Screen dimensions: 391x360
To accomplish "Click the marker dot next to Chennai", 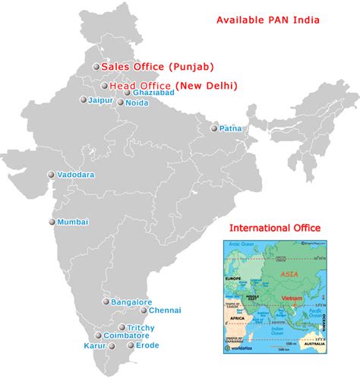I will coord(144,310).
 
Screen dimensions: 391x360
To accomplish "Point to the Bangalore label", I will coord(131,302).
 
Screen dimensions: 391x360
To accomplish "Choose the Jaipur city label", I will coord(99,99).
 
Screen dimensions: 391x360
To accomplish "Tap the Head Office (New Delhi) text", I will coord(173,86).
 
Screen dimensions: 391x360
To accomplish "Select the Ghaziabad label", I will coord(153,93).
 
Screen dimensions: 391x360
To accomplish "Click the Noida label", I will coord(137,102).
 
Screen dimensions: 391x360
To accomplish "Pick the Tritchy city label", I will coord(141,327).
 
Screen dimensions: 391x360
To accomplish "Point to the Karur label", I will coord(96,346).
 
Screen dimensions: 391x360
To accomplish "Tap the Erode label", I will coord(148,345).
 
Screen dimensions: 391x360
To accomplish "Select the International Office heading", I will coord(275,228).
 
